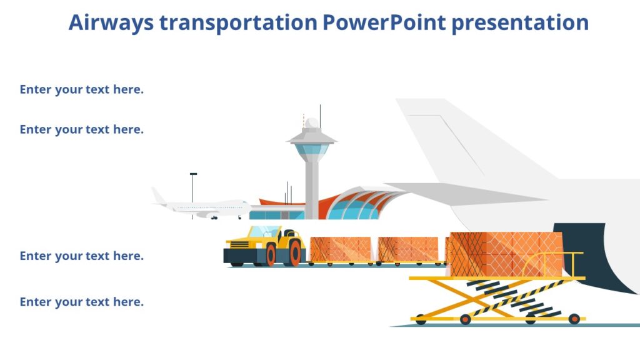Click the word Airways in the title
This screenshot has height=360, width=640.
point(111,22)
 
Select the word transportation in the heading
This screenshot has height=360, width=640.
point(238,22)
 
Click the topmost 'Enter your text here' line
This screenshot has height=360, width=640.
point(82,89)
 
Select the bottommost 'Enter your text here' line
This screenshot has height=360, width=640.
point(82,302)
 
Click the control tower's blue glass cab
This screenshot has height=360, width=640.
point(311,151)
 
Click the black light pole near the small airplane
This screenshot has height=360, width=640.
point(193,187)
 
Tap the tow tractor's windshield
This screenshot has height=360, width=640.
point(264,231)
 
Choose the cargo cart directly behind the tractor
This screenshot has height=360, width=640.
point(340,249)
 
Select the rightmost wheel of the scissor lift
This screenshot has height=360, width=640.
point(574,319)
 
